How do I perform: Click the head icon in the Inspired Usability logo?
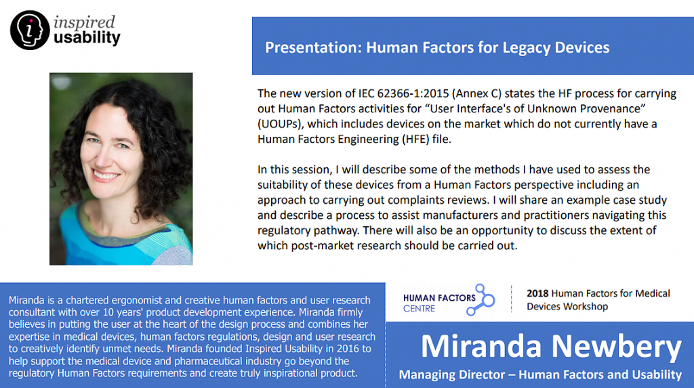(x=30, y=30)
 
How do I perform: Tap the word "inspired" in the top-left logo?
(x=84, y=22)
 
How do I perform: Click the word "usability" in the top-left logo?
(x=87, y=38)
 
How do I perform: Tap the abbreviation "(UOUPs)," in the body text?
(x=281, y=124)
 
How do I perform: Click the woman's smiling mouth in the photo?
(x=106, y=175)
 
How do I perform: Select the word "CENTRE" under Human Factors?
(x=419, y=308)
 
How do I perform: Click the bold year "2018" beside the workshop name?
(x=537, y=293)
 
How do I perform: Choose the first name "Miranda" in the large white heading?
(x=481, y=346)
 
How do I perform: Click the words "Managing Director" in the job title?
(x=452, y=374)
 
